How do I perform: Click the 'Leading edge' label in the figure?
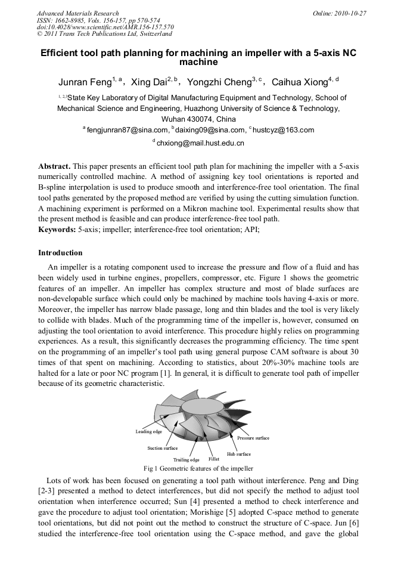pos(148,431)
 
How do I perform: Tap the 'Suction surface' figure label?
pos(162,448)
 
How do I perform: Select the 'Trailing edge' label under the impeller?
pos(186,460)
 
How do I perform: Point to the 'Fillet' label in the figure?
pos(214,459)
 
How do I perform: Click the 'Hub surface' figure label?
pos(239,454)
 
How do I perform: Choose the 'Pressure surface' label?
pos(253,438)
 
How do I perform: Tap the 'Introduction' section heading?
pos(61,253)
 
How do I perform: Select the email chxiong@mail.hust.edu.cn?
pos(200,143)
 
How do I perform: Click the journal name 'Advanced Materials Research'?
pos(77,13)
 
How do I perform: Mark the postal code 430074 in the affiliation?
pos(200,119)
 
